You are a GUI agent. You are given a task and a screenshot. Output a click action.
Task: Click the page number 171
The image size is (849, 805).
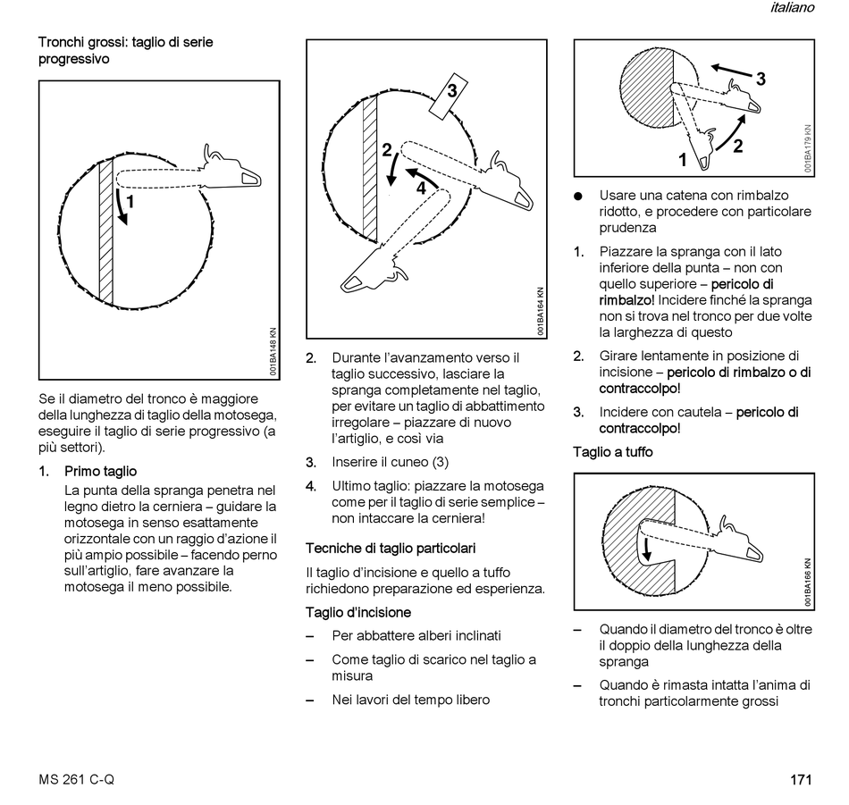click(800, 779)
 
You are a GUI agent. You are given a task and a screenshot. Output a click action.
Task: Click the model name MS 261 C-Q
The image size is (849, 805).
click(76, 779)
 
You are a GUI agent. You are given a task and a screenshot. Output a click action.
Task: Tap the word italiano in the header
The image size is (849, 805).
click(791, 8)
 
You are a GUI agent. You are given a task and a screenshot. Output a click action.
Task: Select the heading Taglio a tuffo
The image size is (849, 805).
click(613, 452)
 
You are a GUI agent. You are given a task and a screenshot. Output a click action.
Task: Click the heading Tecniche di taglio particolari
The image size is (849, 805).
click(391, 548)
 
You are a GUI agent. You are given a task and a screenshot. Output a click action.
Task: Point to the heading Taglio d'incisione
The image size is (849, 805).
click(358, 613)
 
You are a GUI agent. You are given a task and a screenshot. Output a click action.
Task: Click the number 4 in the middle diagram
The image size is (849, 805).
click(420, 188)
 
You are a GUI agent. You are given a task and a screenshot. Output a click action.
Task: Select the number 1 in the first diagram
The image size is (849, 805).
click(130, 203)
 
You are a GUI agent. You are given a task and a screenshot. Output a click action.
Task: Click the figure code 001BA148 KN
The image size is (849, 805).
click(273, 352)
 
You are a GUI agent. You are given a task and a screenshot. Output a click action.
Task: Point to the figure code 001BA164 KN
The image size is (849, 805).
click(542, 312)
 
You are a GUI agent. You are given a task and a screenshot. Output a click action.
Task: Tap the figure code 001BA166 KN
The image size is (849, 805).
click(807, 582)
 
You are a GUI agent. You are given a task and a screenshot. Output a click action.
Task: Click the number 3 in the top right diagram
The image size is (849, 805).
click(761, 79)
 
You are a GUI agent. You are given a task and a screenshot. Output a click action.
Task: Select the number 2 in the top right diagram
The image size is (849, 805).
click(738, 147)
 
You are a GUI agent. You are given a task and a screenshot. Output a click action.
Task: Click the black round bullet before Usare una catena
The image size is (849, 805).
click(578, 196)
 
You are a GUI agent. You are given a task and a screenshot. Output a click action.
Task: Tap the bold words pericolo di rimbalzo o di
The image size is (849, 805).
click(739, 373)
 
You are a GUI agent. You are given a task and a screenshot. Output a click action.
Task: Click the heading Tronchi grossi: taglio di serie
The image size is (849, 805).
click(125, 42)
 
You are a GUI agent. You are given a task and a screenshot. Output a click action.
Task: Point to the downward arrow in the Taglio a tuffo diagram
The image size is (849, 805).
click(645, 554)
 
